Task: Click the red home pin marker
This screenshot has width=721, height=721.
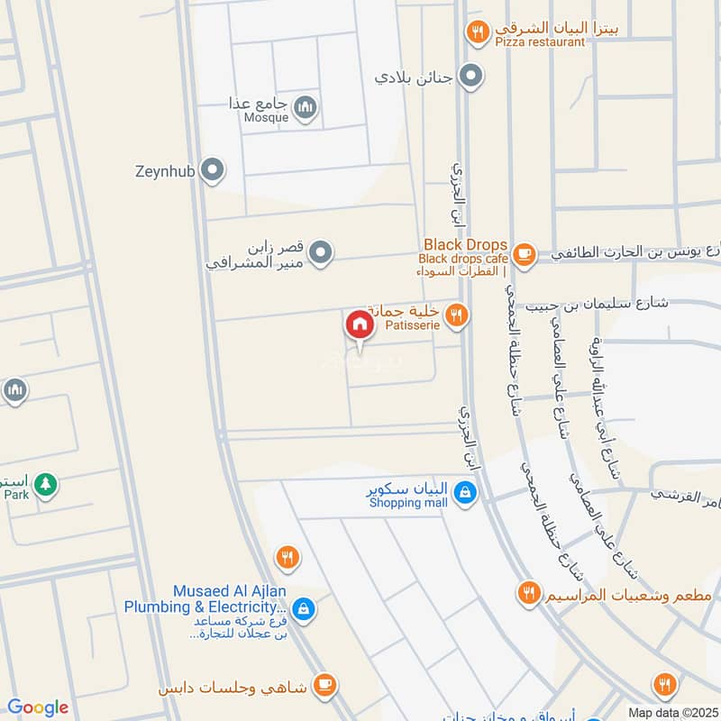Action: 359,325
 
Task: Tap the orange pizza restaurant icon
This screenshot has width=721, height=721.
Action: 477,34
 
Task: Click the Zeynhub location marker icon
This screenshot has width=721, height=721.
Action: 212,169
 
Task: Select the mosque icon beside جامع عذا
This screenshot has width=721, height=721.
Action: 306,109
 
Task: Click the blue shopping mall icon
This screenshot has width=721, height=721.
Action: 465,494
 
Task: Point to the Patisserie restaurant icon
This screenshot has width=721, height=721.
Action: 458,315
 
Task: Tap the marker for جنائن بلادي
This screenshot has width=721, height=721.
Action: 470,77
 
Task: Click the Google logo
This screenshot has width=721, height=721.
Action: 37,708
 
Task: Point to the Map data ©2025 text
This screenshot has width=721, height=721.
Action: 671,713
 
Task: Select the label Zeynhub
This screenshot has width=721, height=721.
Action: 165,169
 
